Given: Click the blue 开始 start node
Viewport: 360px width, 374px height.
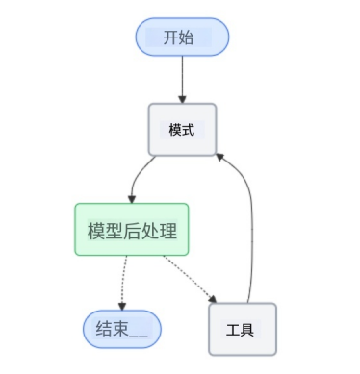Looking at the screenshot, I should [182, 38].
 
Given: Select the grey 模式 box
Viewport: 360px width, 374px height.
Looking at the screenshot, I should [181, 129].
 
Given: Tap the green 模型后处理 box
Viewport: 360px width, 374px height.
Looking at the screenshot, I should [132, 232].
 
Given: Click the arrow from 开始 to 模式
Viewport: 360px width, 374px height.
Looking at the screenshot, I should [182, 77].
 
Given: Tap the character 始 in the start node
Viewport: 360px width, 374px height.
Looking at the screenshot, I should [193, 38].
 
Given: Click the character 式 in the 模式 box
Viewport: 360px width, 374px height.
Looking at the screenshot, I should [189, 129].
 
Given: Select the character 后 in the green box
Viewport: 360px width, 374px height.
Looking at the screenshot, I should [132, 232].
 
